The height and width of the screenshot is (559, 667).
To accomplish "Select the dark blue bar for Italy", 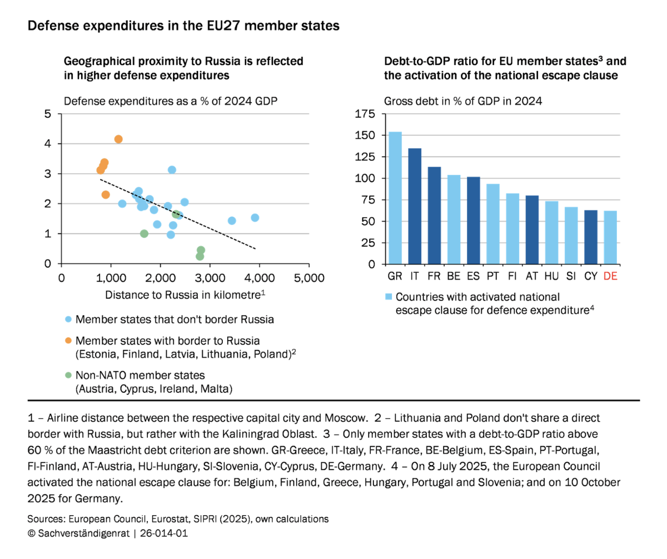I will click(415, 206).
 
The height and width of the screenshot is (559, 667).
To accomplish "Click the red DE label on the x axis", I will click(610, 276).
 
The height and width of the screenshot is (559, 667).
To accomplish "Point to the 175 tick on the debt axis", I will click(366, 114).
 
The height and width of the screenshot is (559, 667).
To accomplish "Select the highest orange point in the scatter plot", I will click(118, 139).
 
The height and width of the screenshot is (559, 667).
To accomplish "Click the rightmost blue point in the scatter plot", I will click(255, 217).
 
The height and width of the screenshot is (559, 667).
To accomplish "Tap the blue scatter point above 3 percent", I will click(172, 169).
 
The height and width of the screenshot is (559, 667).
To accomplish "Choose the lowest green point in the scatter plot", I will click(200, 256).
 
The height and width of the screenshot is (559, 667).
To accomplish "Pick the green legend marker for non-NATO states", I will click(68, 376).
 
